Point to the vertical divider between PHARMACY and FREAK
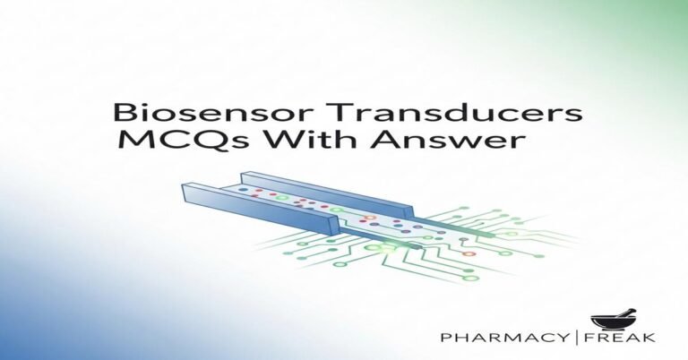(595, 339)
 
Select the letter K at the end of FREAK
(651, 339)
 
